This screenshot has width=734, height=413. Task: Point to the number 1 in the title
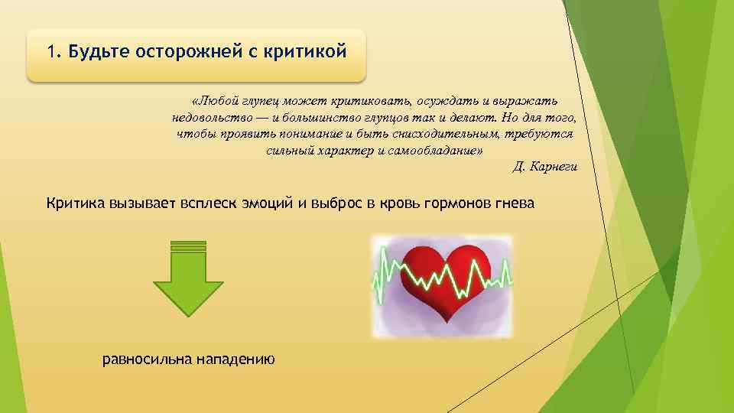(50, 52)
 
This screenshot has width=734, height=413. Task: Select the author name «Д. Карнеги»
(544, 167)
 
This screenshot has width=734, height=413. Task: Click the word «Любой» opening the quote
(215, 101)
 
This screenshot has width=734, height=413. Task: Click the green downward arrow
(188, 279)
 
